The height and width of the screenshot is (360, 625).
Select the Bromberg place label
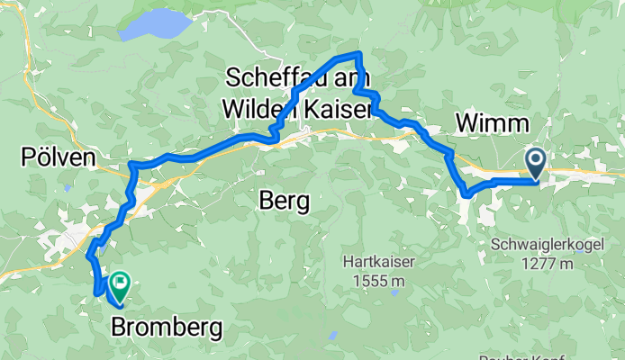(x=167, y=329)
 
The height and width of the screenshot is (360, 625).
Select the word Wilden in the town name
(x=262, y=109)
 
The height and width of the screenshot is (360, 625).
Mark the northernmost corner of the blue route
(x=360, y=55)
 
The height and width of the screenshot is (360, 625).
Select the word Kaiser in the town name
(x=338, y=109)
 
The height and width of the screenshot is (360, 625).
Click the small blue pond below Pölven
(x=68, y=188)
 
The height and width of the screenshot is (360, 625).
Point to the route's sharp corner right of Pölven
(x=131, y=165)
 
